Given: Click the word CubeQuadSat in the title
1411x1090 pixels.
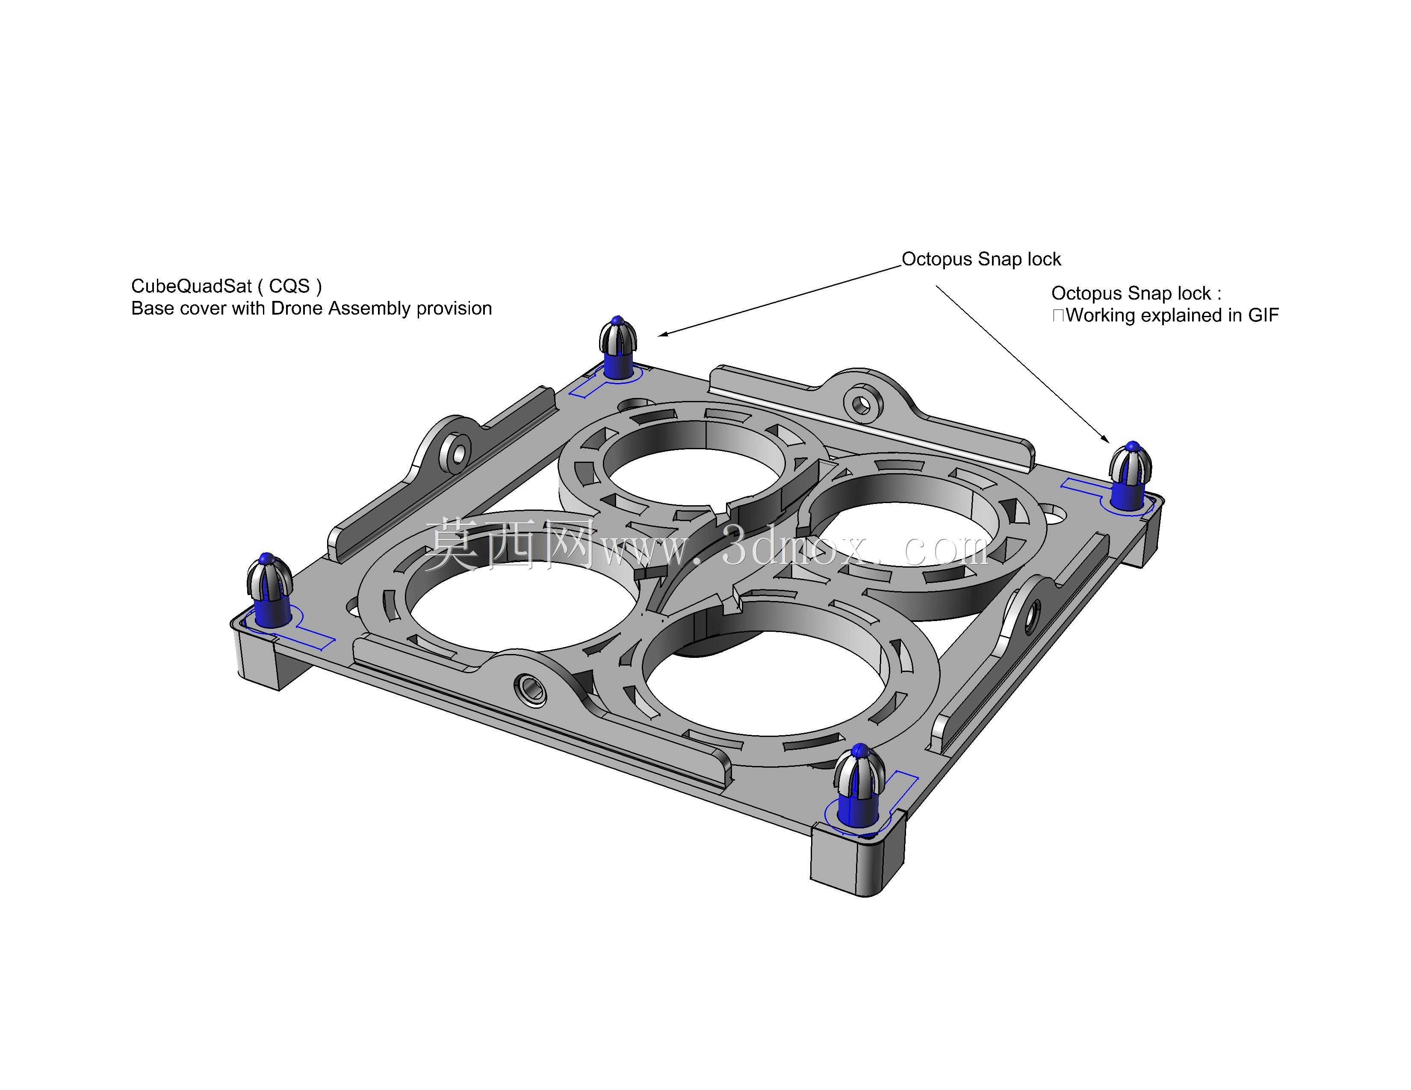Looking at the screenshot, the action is coord(191,286).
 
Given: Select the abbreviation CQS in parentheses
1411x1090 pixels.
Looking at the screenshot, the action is coord(289,286).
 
